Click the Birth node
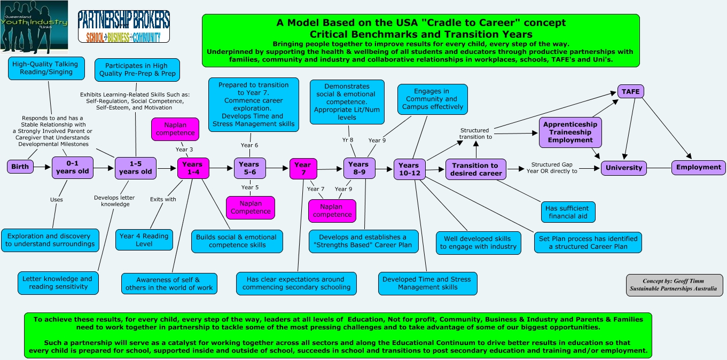20,167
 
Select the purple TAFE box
630,91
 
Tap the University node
623,168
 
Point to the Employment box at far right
698,167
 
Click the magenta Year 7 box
302,168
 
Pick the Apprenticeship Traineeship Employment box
569,132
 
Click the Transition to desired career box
475,169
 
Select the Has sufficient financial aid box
567,212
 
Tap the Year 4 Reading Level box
144,240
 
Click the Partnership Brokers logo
123,26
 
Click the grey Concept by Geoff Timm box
674,285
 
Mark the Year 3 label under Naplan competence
185,150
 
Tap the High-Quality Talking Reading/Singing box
45,68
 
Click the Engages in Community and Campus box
432,99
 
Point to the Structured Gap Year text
554,168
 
